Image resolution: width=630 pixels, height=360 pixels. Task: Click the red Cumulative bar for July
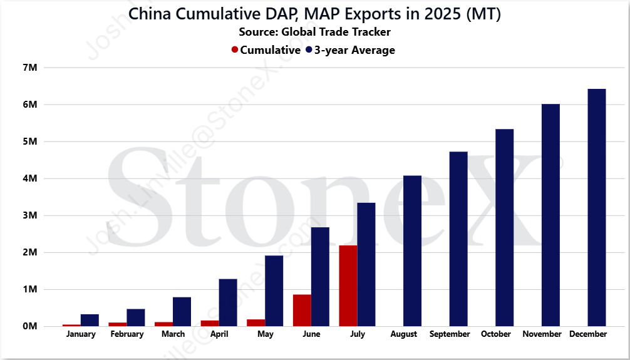click(x=348, y=285)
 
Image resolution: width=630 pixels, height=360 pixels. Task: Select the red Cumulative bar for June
click(x=302, y=310)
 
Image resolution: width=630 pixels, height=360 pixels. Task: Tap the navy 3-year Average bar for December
click(x=597, y=207)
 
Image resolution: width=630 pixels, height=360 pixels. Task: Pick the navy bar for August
click(x=412, y=250)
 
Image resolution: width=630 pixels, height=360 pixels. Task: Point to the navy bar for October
click(x=505, y=227)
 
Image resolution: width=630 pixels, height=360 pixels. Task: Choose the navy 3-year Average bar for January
click(x=90, y=320)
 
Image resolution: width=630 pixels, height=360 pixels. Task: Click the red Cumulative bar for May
click(x=256, y=322)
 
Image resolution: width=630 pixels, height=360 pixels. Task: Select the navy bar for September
click(x=458, y=239)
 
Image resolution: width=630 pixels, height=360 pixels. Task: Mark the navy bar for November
click(x=551, y=215)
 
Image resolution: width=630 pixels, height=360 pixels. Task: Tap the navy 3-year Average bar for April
click(x=228, y=302)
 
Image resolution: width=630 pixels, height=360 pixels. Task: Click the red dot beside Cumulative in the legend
click(x=235, y=50)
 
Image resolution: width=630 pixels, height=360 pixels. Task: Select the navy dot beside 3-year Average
click(x=309, y=50)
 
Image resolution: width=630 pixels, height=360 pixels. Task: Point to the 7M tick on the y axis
click(x=30, y=68)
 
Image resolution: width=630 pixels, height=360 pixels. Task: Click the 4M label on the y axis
click(x=30, y=178)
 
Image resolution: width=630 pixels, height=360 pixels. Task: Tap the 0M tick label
click(x=30, y=326)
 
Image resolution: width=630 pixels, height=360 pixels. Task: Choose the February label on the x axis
click(x=127, y=334)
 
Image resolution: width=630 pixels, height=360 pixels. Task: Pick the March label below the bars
click(x=173, y=334)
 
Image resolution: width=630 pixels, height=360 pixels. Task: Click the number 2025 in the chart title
click(x=443, y=14)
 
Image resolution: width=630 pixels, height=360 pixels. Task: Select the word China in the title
click(x=150, y=14)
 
